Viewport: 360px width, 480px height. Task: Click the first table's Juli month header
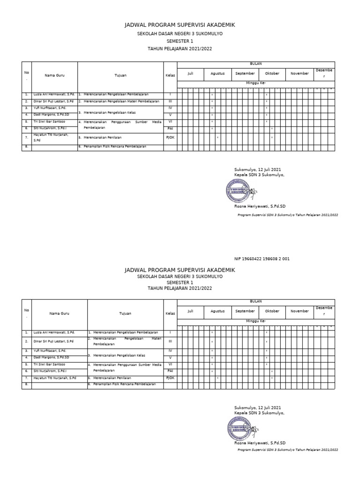point(190,74)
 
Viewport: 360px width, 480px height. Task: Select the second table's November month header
point(300,311)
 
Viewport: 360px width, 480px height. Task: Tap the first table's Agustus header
point(217,74)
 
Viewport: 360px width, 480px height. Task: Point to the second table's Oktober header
point(272,311)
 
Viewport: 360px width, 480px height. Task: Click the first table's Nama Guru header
point(54,75)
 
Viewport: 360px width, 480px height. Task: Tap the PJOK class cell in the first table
point(170,138)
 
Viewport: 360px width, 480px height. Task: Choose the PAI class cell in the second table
point(170,371)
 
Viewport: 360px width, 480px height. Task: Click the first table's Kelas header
point(170,75)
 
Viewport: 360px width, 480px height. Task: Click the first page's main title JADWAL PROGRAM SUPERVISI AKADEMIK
point(180,25)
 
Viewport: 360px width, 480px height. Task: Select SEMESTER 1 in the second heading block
point(180,283)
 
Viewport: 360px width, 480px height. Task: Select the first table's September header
point(245,74)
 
